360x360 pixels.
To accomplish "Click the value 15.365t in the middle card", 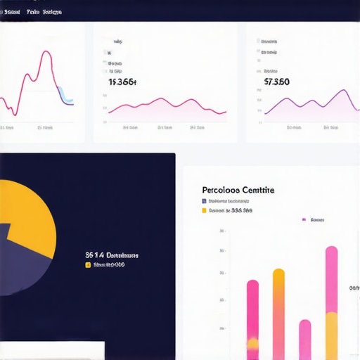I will pos(122,82).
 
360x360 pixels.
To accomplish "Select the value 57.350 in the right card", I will pos(276,82).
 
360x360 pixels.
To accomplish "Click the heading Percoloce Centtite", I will pos(238,190).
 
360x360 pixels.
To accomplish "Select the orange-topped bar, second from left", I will pos(278,309).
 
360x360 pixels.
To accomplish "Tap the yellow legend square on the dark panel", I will pos(88,265).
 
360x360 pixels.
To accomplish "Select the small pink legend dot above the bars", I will pos(304,220).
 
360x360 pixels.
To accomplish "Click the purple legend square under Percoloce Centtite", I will pos(204,201).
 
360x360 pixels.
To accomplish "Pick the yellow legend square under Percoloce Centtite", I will pos(204,210).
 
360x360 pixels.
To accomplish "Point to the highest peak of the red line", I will pos(46,52).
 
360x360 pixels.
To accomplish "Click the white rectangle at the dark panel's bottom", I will pos(52,350).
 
